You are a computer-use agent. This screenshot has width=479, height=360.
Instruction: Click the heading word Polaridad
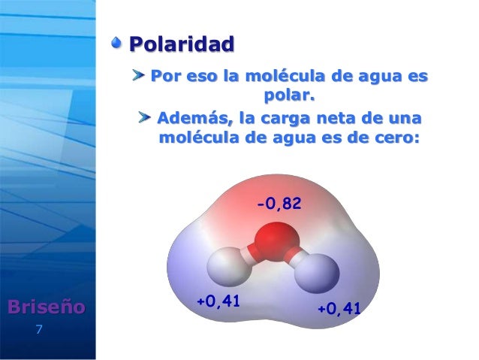pos(181,44)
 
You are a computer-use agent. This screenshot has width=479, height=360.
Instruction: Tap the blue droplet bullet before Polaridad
pos(117,44)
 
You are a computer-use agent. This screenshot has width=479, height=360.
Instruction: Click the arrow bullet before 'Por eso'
pos(140,76)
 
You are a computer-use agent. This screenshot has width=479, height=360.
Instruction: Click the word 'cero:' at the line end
pos(391,140)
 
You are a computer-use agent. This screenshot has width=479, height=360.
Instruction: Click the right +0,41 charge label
pos(339,308)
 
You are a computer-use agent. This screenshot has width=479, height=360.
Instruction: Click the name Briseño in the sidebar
pos(47,307)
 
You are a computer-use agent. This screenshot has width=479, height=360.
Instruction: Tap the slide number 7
pos(39,329)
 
